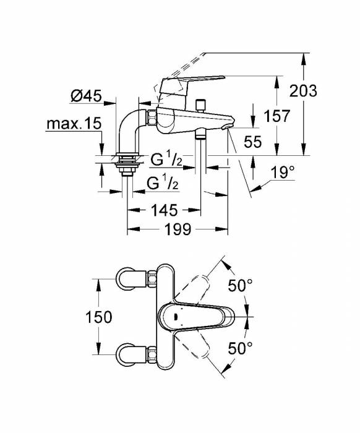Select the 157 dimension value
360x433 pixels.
[x=276, y=116]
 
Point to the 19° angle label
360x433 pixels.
[x=282, y=174]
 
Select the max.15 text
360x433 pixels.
[x=73, y=124]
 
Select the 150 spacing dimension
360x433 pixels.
[x=99, y=317]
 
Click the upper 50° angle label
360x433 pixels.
[x=240, y=286]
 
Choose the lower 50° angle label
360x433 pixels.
[x=240, y=348]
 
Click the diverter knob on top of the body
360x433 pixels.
[x=200, y=105]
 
